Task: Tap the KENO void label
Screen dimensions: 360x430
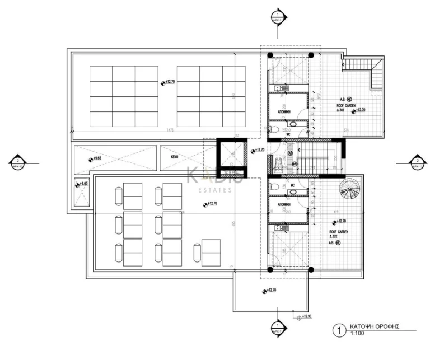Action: tap(175, 158)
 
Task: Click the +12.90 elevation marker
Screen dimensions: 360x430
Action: tap(305, 317)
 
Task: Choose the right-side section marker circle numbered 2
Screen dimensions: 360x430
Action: tap(417, 163)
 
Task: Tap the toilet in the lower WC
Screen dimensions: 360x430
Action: tap(271, 186)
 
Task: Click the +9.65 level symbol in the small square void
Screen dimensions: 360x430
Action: tap(81, 184)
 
